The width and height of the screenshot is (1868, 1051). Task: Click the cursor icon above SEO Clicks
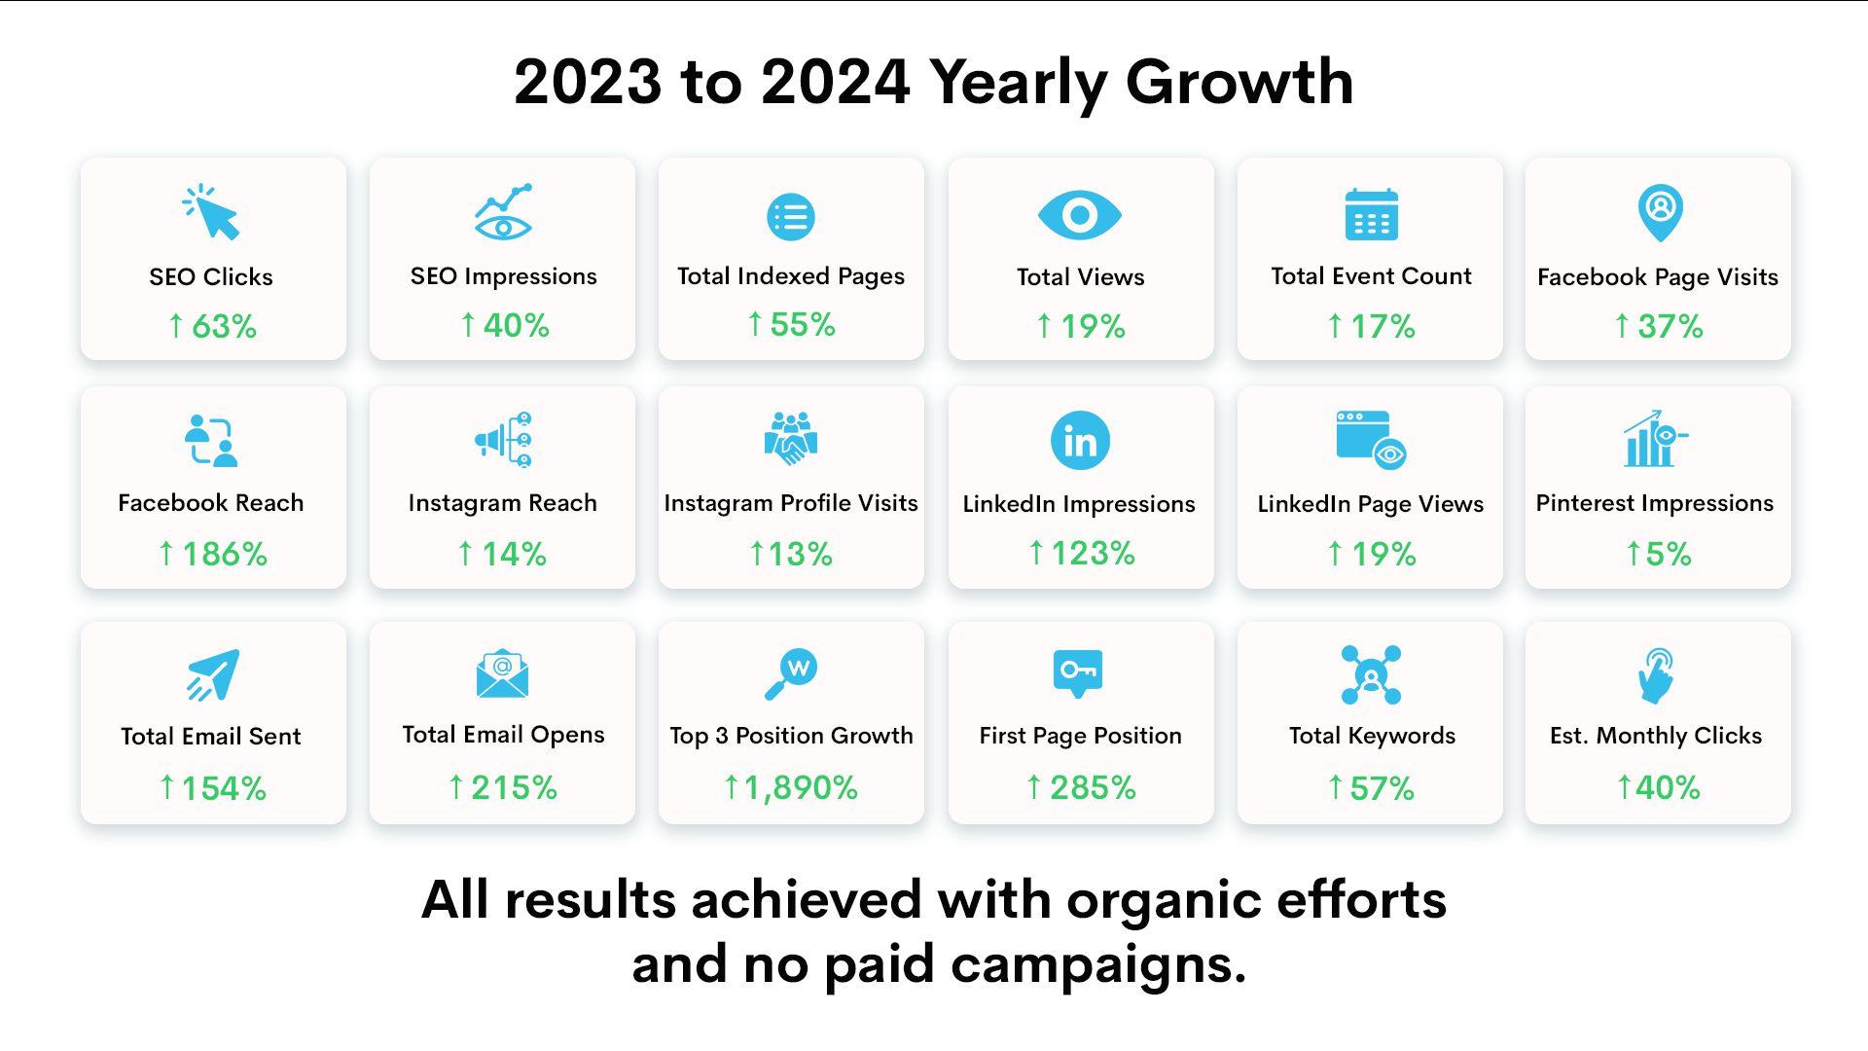point(211,212)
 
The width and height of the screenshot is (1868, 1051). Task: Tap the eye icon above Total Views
point(1080,215)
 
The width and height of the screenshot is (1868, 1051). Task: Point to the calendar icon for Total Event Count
point(1371,214)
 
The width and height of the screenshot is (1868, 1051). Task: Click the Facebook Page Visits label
point(1658,277)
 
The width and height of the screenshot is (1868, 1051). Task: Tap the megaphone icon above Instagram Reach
point(503,440)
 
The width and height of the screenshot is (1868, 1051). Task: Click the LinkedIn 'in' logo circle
point(1080,440)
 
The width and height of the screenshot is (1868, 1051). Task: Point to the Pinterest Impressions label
point(1655,503)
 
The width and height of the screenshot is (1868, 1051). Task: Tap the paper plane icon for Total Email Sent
point(213,674)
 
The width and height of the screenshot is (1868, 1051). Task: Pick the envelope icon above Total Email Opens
point(502,673)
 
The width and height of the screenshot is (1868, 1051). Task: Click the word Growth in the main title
point(1239,82)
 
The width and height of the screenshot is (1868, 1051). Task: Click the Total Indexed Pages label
point(791,276)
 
